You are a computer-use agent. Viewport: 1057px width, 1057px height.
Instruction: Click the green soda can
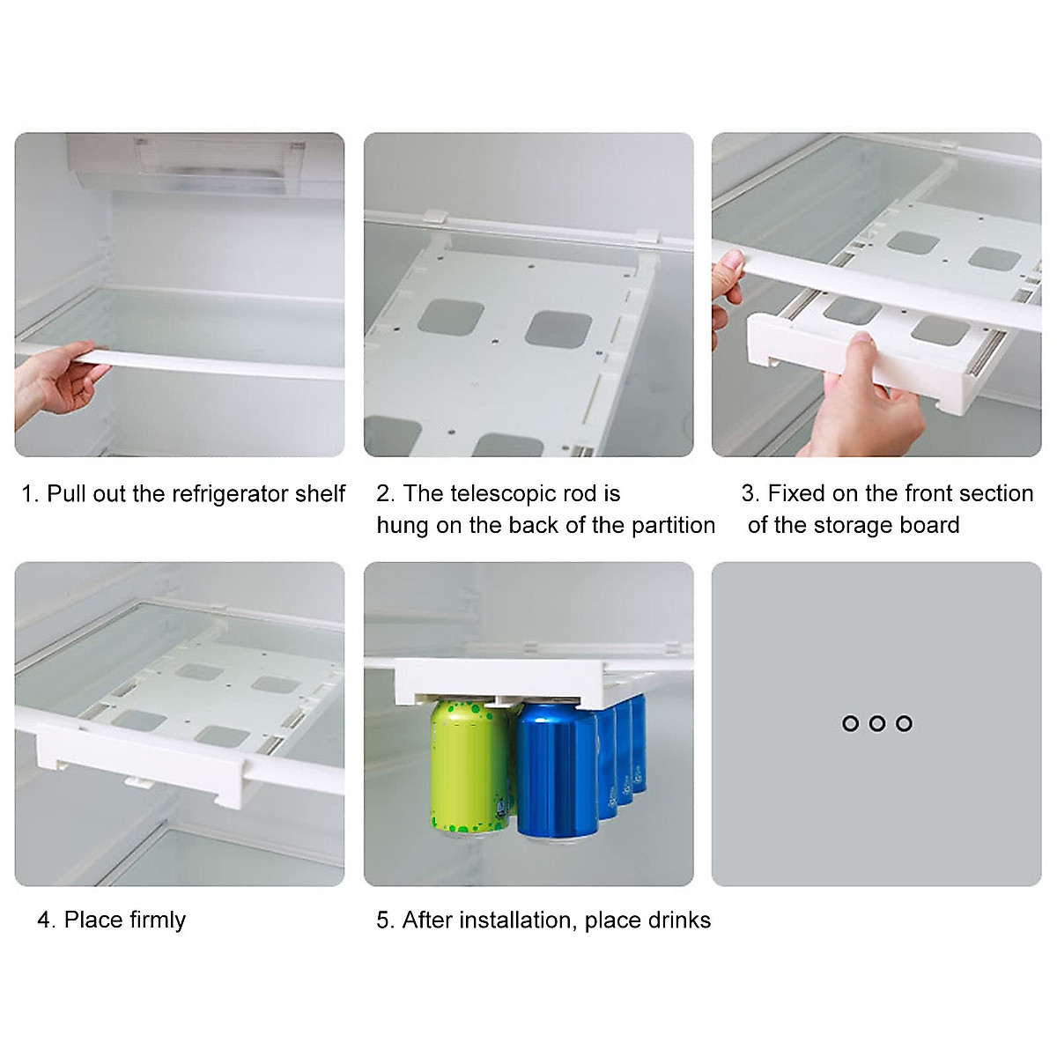point(469,766)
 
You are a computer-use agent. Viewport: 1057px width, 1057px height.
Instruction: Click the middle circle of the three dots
point(876,723)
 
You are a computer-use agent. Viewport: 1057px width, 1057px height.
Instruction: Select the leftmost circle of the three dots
point(850,723)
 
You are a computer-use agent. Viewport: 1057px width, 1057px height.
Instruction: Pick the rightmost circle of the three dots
point(904,723)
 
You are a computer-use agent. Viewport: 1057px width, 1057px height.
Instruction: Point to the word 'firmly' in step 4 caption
point(157,920)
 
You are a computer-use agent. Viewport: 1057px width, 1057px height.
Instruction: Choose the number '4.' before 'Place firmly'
point(47,920)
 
